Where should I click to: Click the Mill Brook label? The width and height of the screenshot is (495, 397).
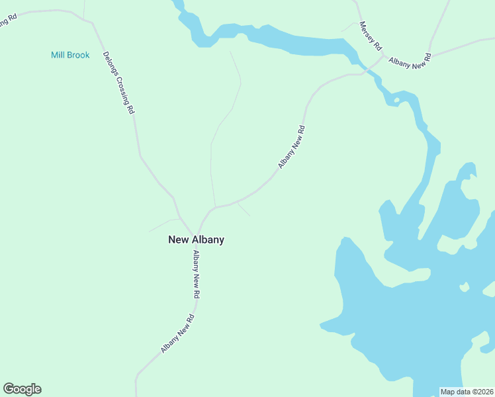coord(70,55)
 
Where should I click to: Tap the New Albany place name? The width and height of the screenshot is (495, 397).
coord(196,240)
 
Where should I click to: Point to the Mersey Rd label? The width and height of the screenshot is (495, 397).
coord(370,36)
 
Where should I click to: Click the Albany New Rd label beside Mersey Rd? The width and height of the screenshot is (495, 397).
coord(410,59)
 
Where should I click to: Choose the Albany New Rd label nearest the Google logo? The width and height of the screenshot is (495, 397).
coord(177,333)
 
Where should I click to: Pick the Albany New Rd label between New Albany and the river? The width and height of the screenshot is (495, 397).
coord(291,147)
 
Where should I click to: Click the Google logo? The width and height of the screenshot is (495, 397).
coord(22,389)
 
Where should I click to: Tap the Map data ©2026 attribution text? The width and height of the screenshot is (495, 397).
coord(467,392)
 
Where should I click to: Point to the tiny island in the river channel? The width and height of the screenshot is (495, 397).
coord(396,101)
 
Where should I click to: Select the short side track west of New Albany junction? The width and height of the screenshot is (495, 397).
coord(162,224)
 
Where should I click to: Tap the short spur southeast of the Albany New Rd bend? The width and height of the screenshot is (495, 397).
coord(244,210)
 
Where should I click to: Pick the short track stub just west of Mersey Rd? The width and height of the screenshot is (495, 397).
coord(349,26)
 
